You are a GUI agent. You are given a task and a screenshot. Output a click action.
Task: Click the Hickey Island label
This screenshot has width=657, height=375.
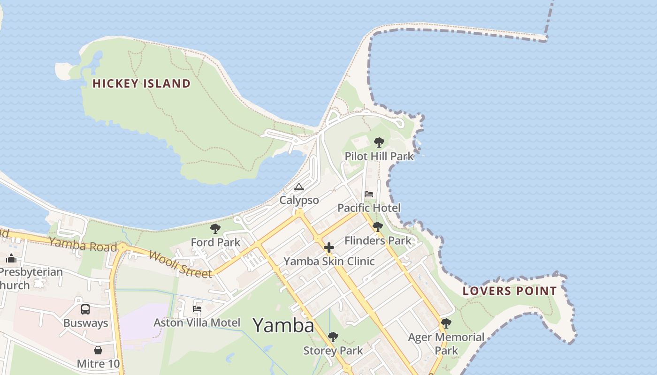click(141, 84)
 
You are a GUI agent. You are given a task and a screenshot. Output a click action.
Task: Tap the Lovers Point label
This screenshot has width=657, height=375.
click(510, 291)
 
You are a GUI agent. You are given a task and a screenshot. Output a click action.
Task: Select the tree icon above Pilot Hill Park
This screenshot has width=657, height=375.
click(379, 142)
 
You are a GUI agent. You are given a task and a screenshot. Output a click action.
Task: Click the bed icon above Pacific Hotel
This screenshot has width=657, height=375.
click(369, 194)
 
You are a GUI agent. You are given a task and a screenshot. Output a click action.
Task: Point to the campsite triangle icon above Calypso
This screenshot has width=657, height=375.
click(299, 187)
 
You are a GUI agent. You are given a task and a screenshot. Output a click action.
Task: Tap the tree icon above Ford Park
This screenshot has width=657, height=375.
click(215, 229)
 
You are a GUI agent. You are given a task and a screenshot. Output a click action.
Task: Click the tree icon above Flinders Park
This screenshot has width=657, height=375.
click(377, 227)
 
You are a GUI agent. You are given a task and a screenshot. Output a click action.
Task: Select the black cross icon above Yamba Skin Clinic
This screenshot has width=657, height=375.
click(329, 247)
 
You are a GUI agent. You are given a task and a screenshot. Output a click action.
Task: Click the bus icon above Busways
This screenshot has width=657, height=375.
click(85, 309)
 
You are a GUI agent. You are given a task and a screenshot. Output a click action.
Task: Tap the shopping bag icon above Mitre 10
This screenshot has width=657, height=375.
click(98, 350)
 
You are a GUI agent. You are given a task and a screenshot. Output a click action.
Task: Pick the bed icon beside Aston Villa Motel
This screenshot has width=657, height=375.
click(197, 309)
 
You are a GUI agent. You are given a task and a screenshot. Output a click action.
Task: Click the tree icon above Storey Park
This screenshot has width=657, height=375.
click(333, 337)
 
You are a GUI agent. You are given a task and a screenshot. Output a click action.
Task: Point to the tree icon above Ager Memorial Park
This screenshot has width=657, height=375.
click(446, 323)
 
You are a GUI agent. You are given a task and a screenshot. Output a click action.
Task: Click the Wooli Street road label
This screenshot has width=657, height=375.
click(181, 264)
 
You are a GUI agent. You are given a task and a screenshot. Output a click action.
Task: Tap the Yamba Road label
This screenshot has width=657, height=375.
click(83, 244)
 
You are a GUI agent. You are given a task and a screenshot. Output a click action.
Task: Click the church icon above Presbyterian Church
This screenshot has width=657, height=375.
click(11, 258)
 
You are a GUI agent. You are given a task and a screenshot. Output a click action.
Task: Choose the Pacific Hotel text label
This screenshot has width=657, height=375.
click(369, 208)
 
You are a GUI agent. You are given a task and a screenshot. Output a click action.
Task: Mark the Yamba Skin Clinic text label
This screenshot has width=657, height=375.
click(329, 261)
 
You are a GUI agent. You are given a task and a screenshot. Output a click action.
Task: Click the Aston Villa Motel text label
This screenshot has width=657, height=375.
click(197, 322)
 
